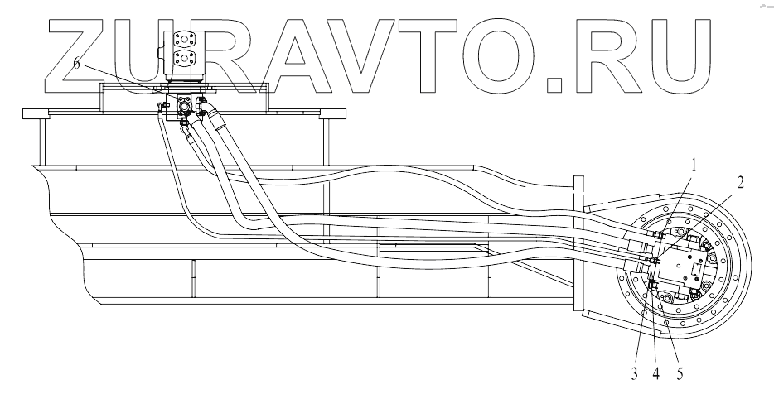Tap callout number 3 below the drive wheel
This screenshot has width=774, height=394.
634,374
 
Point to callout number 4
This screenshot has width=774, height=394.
656,374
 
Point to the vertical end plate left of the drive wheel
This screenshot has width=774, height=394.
579,248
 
